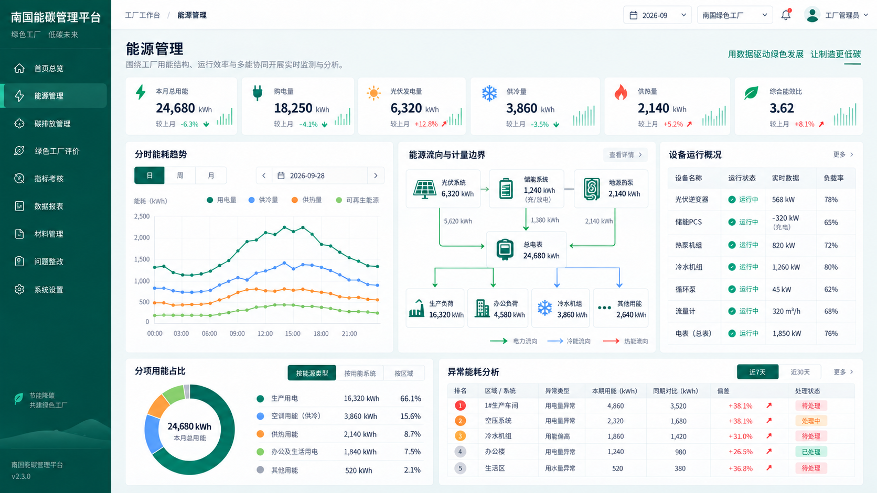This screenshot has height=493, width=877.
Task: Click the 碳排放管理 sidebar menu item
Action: coord(52,124)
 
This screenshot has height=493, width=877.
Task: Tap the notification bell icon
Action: coord(786,15)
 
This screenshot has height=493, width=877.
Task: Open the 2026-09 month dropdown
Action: coord(657,15)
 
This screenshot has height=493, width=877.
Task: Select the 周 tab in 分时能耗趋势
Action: coord(180,176)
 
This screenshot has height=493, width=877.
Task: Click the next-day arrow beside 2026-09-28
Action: coord(376,176)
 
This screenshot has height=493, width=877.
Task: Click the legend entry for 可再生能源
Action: coord(357,200)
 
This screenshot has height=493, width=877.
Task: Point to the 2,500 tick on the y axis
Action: coord(142,216)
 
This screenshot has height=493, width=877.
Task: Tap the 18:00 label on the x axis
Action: coord(321,334)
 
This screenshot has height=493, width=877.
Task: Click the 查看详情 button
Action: coord(625,155)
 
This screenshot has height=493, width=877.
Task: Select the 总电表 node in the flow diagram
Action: coord(527,249)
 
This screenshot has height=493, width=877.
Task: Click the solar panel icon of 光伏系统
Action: coord(424,189)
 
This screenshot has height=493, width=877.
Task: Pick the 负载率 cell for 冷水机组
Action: coord(831,267)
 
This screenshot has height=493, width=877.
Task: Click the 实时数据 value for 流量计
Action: coord(786,311)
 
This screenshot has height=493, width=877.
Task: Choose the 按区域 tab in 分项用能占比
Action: coord(404,374)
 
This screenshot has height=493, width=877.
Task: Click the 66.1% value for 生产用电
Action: coord(410,398)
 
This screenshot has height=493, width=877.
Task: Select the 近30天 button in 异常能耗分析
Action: coord(800,372)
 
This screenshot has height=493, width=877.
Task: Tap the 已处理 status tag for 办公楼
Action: coord(811,452)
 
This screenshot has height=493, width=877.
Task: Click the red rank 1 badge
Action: coord(460,406)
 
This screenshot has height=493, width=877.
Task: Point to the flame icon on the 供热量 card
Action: coord(621,93)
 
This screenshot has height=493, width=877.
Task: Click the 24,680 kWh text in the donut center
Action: coord(189,426)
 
